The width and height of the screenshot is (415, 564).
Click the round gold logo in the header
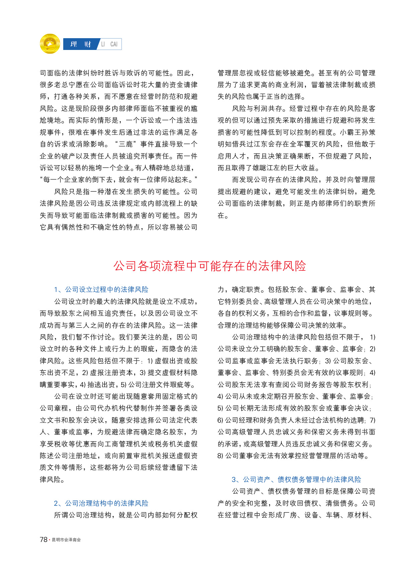pos(50,44)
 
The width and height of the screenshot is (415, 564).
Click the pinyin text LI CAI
pos(109,44)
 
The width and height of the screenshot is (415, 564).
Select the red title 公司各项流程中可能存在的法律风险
pos(210,266)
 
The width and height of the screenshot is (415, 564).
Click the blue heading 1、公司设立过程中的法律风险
pos(101,290)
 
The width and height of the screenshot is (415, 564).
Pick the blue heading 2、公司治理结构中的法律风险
pos(101,503)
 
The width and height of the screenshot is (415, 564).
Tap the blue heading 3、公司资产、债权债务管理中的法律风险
pos(296,479)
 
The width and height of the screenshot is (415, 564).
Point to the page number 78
pos(44,540)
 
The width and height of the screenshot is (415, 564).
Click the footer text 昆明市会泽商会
pos(66,540)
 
